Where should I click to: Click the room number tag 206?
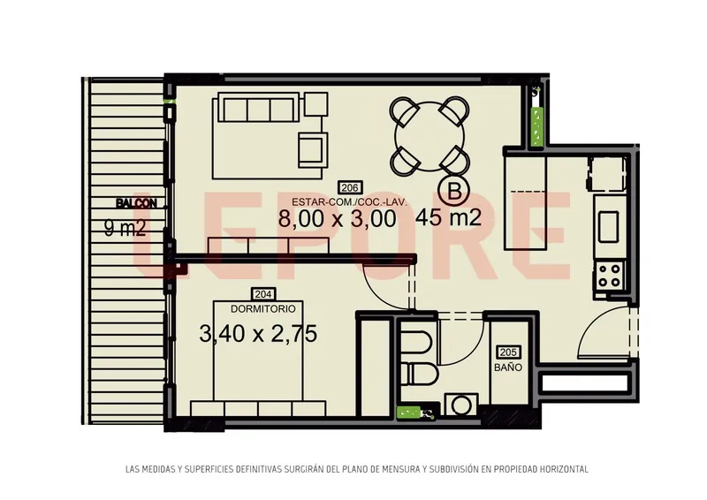[x=350, y=187]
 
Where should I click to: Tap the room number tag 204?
[x=262, y=294]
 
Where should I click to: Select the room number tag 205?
[x=508, y=352]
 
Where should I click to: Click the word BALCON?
[x=137, y=204]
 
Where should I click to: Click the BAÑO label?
[x=508, y=367]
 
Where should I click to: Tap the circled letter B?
[x=455, y=192]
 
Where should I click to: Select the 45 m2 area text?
[x=449, y=218]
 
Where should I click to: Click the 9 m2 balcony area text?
[x=125, y=228]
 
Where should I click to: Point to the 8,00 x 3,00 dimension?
[x=338, y=219]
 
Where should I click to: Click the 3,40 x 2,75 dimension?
[x=258, y=334]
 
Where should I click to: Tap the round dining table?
[x=430, y=136]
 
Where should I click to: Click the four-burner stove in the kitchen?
[x=609, y=276]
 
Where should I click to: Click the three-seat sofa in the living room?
[x=259, y=107]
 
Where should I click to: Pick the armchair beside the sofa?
[x=313, y=149]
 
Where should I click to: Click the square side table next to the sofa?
[x=315, y=104]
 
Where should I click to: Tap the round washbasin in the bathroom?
[x=460, y=405]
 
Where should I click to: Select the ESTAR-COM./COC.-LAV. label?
[x=349, y=201]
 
